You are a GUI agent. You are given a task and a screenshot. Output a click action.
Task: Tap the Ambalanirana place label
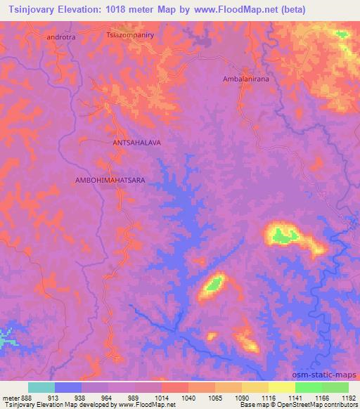point(246,79)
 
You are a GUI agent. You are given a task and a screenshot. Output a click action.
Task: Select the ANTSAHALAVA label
point(137,142)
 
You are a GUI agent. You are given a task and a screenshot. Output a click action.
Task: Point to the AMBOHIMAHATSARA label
point(110,181)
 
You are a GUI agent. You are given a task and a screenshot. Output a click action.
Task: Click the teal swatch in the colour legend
point(41,387)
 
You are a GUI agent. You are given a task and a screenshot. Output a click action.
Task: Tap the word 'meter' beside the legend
point(11,397)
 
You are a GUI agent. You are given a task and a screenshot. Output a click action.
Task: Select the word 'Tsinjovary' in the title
point(34,11)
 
